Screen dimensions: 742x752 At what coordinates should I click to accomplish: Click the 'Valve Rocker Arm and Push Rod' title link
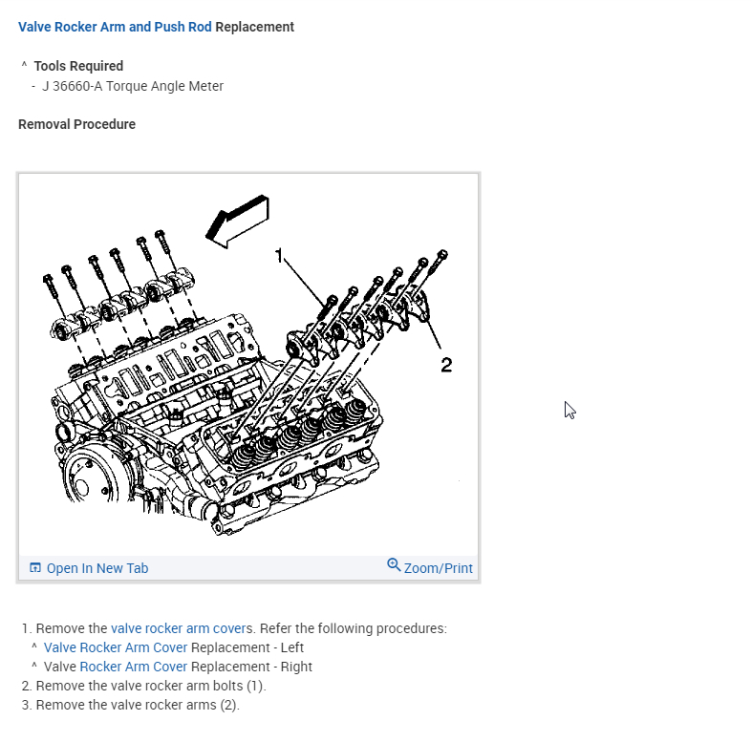115,27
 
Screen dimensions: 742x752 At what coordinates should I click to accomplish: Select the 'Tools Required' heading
78,66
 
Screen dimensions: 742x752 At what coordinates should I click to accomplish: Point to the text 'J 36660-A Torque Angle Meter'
133,86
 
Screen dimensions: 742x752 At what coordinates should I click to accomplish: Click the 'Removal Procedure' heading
76,124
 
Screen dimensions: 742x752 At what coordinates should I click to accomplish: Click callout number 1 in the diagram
279,255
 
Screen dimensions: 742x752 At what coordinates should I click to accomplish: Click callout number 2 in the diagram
445,364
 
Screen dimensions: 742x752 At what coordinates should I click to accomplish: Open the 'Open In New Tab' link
97,568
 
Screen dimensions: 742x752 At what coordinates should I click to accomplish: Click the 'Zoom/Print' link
438,568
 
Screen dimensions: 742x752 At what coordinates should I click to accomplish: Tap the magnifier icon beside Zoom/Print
394,565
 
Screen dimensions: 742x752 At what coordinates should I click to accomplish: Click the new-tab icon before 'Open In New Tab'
35,568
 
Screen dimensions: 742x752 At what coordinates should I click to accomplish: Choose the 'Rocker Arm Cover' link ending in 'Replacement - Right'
133,667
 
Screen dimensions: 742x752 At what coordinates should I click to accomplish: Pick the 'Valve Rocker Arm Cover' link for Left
116,647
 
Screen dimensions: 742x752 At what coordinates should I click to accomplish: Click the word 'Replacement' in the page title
255,27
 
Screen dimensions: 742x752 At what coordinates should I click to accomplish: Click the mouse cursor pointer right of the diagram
569,409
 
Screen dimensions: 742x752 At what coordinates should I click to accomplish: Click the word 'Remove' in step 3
57,705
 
